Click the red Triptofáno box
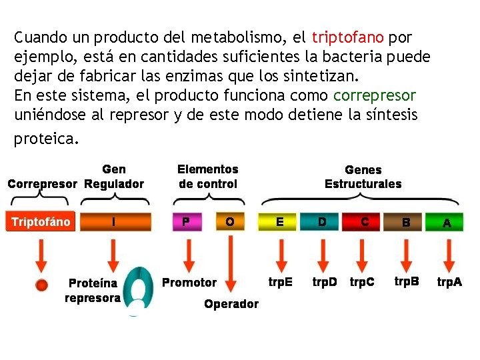(x=41, y=222)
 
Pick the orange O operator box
(x=229, y=222)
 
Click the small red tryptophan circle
(x=42, y=285)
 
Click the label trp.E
(x=281, y=282)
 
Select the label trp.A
(x=449, y=282)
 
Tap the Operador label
(x=231, y=304)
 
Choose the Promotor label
(x=189, y=282)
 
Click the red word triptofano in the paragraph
(x=347, y=36)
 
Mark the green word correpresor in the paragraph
(x=375, y=95)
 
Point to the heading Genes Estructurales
(x=363, y=177)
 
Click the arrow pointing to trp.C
(x=363, y=254)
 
